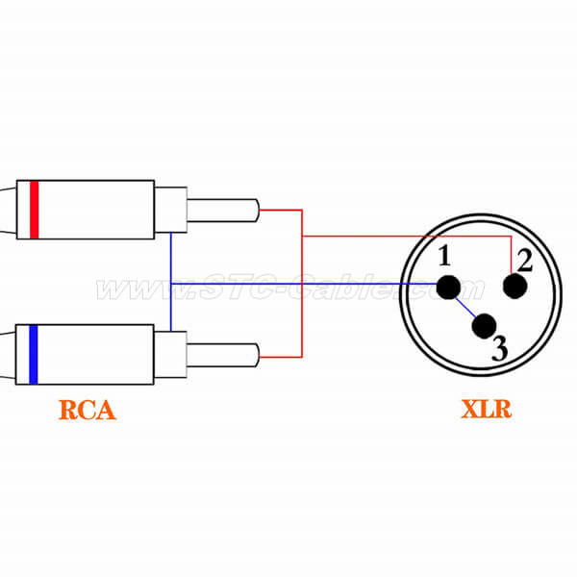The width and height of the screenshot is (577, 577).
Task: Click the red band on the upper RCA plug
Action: point(34,209)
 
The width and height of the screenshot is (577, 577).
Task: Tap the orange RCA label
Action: point(87,409)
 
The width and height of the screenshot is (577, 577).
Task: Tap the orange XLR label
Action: point(486,409)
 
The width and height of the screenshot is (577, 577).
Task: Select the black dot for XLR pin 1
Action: point(447,286)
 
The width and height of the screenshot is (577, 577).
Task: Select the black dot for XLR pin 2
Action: point(516,286)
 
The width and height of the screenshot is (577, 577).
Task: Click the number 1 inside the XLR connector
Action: point(443,256)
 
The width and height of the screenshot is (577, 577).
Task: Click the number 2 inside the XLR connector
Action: point(524,260)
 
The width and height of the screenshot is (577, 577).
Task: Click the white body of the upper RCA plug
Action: point(96,209)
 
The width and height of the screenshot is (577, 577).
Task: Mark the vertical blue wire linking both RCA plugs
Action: point(171,281)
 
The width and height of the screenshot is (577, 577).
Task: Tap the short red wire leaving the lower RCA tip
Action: point(281,358)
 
